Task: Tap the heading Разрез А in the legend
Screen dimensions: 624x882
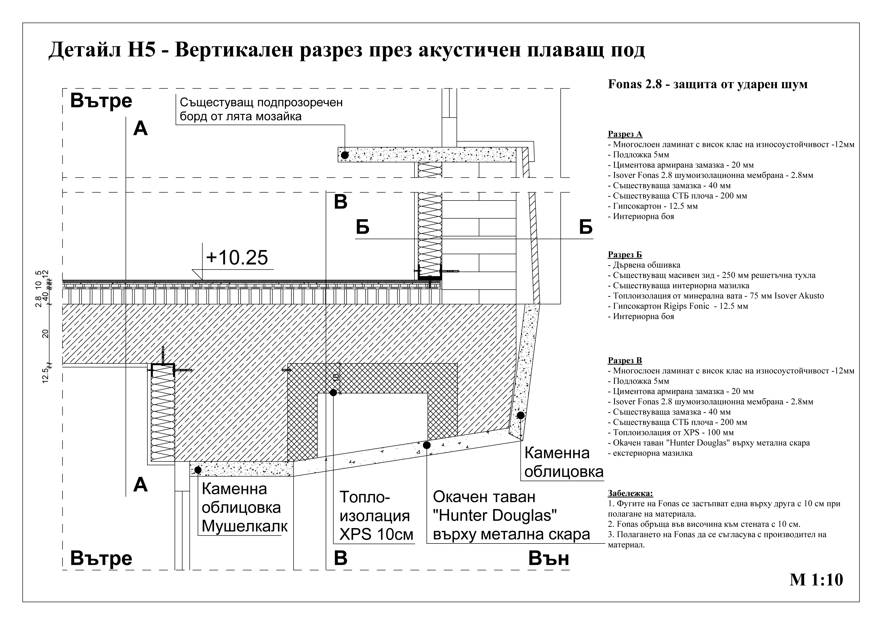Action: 625,134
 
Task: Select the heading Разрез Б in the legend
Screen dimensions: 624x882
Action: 625,255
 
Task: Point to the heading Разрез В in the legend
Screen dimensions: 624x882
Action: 625,360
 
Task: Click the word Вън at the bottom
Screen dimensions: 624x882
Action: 549,559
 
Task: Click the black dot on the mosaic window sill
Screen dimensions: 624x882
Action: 345,155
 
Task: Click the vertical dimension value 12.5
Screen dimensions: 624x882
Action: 45,375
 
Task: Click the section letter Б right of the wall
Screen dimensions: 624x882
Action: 585,227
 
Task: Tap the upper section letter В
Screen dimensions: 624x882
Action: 340,202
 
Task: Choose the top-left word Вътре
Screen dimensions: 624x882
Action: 101,101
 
